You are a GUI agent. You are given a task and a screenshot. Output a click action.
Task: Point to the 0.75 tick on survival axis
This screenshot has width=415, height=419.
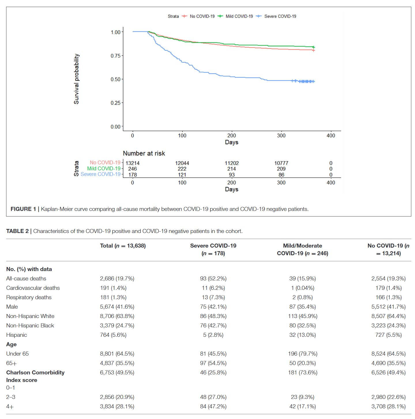pyautogui.click(x=116, y=56)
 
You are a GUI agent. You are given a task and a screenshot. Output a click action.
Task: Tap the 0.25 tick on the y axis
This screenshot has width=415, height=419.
pyautogui.click(x=116, y=103)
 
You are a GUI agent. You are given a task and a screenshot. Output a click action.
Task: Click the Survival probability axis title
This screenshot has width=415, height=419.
pyautogui.click(x=76, y=79)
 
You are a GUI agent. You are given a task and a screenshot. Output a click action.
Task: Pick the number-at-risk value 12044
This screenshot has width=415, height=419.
pyautogui.click(x=182, y=163)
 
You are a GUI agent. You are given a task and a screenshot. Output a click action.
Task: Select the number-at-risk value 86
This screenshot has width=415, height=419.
pyautogui.click(x=281, y=175)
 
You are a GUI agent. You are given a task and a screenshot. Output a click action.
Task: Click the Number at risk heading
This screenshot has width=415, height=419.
pyautogui.click(x=144, y=153)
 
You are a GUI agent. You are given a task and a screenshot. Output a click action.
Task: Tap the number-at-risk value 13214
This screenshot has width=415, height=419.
pyautogui.click(x=132, y=163)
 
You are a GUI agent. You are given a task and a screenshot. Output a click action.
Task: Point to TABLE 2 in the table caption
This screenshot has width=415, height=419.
pyautogui.click(x=17, y=231)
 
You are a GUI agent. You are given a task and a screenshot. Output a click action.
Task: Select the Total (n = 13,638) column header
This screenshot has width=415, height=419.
pyautogui.click(x=123, y=246)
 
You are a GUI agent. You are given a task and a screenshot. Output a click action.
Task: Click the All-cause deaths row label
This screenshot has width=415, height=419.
pyautogui.click(x=26, y=279)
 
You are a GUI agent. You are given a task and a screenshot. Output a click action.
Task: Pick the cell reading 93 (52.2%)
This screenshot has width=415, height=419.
pyautogui.click(x=213, y=279)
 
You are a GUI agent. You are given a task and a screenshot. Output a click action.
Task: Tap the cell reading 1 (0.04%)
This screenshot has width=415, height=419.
pyautogui.click(x=303, y=288)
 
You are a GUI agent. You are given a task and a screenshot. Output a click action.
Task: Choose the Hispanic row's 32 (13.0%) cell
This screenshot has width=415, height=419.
pyautogui.click(x=303, y=335)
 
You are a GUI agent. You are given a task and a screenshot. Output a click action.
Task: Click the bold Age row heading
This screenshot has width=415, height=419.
pyautogui.click(x=12, y=344)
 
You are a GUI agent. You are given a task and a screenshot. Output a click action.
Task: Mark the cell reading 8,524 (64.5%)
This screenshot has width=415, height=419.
pyautogui.click(x=388, y=354)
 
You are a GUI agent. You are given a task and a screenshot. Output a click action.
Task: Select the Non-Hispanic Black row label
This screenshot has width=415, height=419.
pyautogui.click(x=30, y=326)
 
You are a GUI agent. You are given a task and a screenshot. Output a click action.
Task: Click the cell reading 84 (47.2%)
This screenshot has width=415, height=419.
pyautogui.click(x=213, y=406)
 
